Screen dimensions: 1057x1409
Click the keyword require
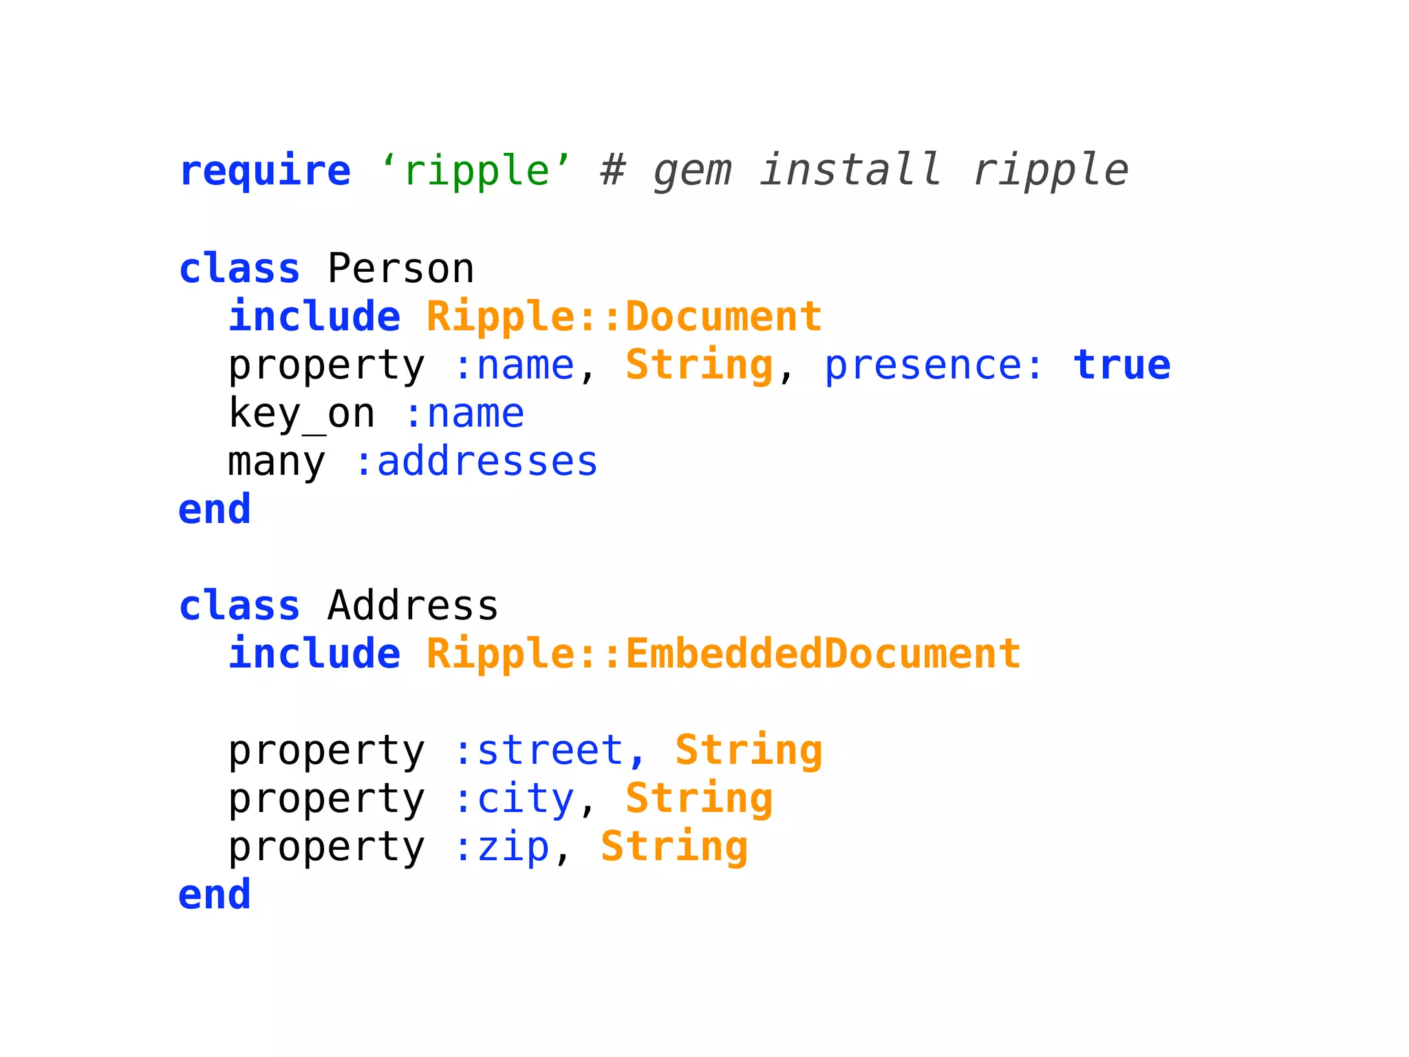point(265,171)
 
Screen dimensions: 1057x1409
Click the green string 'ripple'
point(476,171)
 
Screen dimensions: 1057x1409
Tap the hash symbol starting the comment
point(612,171)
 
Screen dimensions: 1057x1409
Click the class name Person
point(400,268)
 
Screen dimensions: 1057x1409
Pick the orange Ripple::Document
point(624,317)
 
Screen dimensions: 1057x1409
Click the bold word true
point(1121,365)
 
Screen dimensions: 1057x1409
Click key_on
point(301,414)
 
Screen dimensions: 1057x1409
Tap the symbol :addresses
point(475,461)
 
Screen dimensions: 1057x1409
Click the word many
point(277,462)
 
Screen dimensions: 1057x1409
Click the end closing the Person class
point(215,509)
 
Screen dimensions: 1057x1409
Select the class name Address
point(413,606)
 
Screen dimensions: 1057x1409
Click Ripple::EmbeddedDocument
point(723,654)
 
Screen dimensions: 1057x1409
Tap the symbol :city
point(514,798)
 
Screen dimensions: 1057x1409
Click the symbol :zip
point(502,846)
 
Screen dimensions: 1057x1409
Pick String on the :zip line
point(674,846)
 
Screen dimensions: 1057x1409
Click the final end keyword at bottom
point(215,895)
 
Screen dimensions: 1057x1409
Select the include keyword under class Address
point(314,654)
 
